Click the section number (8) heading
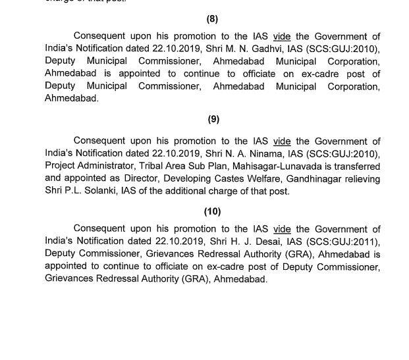point(212,20)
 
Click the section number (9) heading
point(212,119)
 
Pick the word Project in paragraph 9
point(60,167)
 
